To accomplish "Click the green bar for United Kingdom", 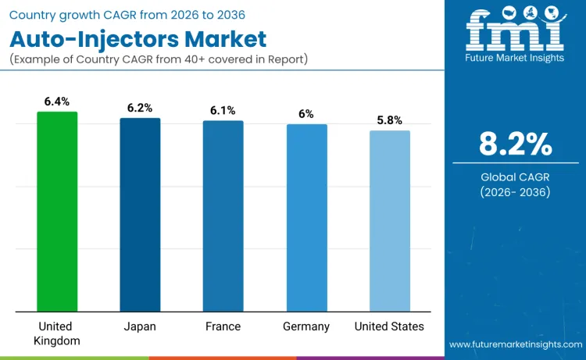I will click(57, 212).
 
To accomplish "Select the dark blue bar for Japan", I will click(140, 215).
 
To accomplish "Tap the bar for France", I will click(223, 216).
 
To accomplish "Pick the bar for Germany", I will click(306, 218).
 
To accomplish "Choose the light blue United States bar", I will click(389, 221).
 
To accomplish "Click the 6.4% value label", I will click(57, 102).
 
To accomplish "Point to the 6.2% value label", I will click(140, 108).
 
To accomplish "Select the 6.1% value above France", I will click(223, 110).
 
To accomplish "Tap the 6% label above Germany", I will click(306, 114).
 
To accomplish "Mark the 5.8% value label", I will click(389, 120).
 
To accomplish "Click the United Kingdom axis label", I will click(57, 333).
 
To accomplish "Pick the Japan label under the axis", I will click(140, 326).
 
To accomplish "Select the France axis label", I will click(223, 326).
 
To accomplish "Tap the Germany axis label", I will click(306, 326).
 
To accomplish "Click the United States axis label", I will click(389, 326).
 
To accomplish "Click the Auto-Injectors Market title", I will click(138, 39).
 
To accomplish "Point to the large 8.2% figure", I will click(515, 144).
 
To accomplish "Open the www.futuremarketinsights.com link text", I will click(515, 344).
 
